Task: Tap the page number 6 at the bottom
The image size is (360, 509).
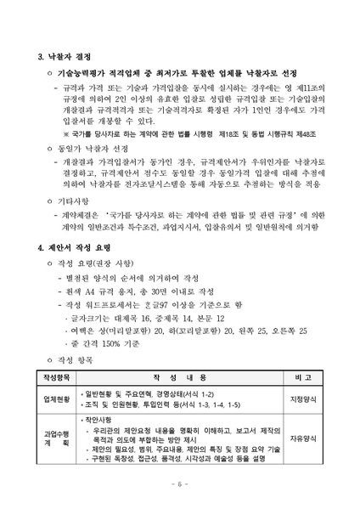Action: (179, 484)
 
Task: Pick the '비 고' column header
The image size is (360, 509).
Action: (302, 376)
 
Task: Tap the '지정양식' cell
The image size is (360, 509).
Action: (302, 399)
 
